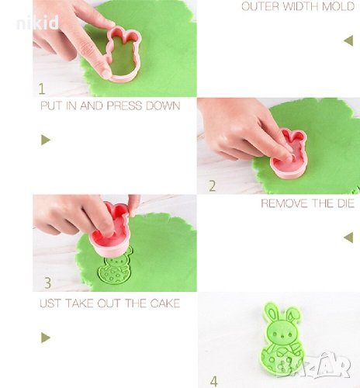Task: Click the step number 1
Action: [42, 88]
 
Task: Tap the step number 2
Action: [212, 186]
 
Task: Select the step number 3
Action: [47, 282]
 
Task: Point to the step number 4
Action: [213, 381]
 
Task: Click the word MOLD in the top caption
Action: [338, 6]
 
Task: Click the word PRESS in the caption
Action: [124, 106]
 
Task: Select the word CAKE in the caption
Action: [165, 303]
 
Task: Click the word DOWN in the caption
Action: [163, 106]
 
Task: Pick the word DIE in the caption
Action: [345, 203]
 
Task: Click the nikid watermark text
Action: [38, 23]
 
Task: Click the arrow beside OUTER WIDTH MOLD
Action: [348, 40]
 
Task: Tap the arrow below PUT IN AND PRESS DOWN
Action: [46, 140]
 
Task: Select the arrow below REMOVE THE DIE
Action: [348, 237]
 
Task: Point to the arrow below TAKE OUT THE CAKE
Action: [46, 338]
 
